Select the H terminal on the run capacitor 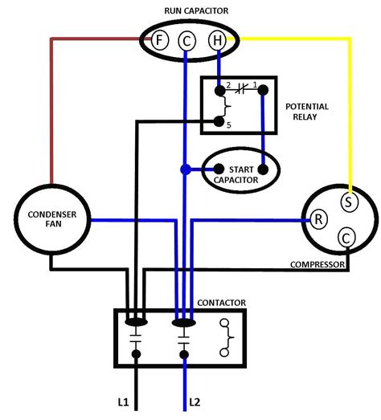pyautogui.click(x=215, y=39)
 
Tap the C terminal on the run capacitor pyautogui.click(x=186, y=39)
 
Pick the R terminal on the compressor pyautogui.click(x=318, y=219)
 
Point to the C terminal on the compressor pyautogui.click(x=346, y=238)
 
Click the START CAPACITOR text pyautogui.click(x=241, y=174)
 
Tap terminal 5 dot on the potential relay pyautogui.click(x=217, y=123)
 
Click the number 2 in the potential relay pyautogui.click(x=228, y=84)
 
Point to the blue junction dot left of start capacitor pyautogui.click(x=186, y=169)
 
